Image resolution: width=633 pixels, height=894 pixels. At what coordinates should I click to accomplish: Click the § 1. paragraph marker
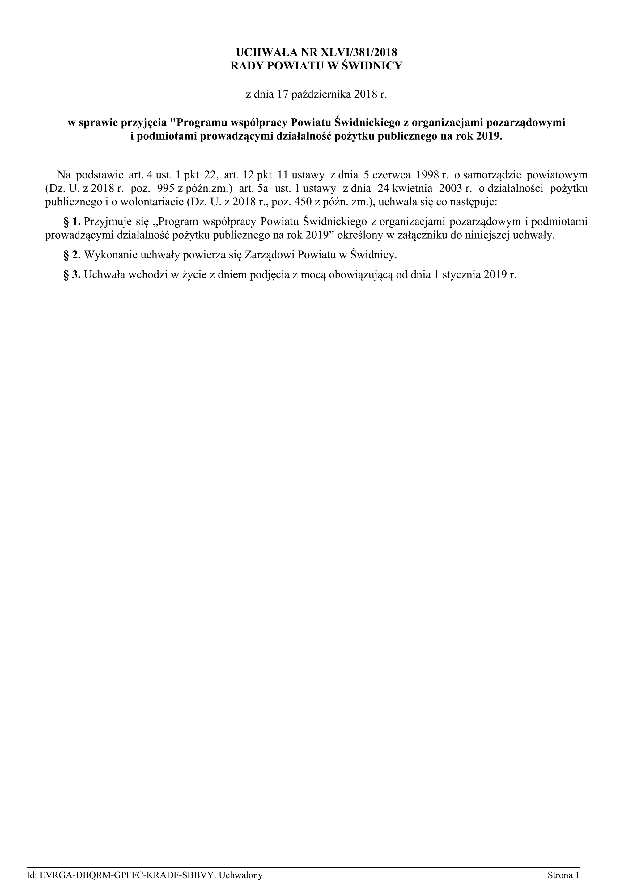pos(72,222)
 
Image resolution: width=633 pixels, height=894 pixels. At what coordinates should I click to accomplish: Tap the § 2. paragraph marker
pos(72,255)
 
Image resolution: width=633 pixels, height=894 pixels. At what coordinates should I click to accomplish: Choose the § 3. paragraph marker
pos(72,274)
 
